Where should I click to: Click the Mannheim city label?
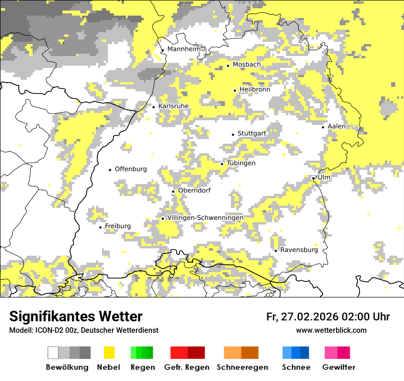click(x=184, y=49)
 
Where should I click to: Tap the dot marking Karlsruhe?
click(x=154, y=107)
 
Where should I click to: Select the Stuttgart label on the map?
click(x=252, y=134)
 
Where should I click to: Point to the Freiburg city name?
click(x=118, y=226)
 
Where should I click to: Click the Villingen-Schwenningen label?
click(x=205, y=218)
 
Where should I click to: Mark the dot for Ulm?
click(x=313, y=178)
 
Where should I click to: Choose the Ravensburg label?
click(x=299, y=250)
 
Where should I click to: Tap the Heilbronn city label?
click(x=255, y=90)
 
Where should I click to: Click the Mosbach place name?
click(x=247, y=65)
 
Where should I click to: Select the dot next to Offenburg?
click(x=110, y=170)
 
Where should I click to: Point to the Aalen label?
click(x=337, y=126)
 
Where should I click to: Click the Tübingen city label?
click(x=241, y=163)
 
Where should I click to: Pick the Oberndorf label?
click(x=194, y=190)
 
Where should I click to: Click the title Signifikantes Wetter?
click(x=76, y=317)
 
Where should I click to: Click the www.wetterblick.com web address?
click(x=331, y=331)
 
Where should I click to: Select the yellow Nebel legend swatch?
click(x=109, y=353)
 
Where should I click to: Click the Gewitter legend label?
click(x=338, y=367)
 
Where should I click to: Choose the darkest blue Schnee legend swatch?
click(x=305, y=353)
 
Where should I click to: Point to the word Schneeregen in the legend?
click(x=242, y=367)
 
